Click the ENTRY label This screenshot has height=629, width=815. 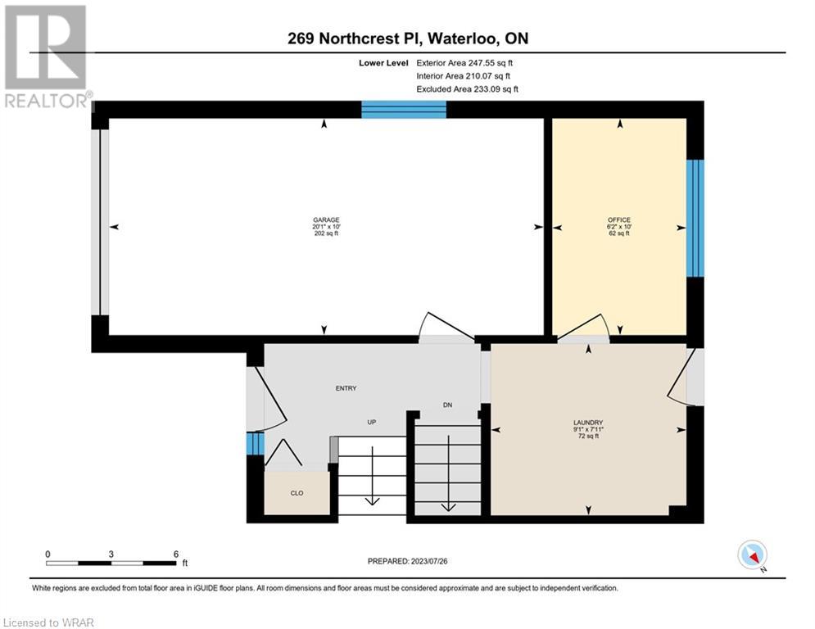[x=346, y=388]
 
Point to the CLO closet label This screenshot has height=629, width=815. [x=297, y=493]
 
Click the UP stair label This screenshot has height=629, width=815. [x=372, y=422]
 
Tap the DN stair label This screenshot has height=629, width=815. [x=447, y=405]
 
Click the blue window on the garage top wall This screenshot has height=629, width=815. [x=404, y=110]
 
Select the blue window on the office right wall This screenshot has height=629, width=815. [x=695, y=219]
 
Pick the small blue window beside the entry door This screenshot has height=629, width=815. [x=256, y=444]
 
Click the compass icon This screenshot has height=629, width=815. [x=752, y=555]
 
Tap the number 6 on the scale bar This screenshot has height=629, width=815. [x=176, y=554]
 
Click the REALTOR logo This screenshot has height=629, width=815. [x=47, y=57]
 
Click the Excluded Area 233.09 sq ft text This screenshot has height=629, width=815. [x=467, y=89]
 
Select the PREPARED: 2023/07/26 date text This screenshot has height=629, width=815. [x=408, y=561]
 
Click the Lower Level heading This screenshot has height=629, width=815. [x=383, y=63]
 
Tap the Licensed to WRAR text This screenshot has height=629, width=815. [x=48, y=622]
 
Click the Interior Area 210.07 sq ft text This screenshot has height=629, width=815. [x=463, y=76]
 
